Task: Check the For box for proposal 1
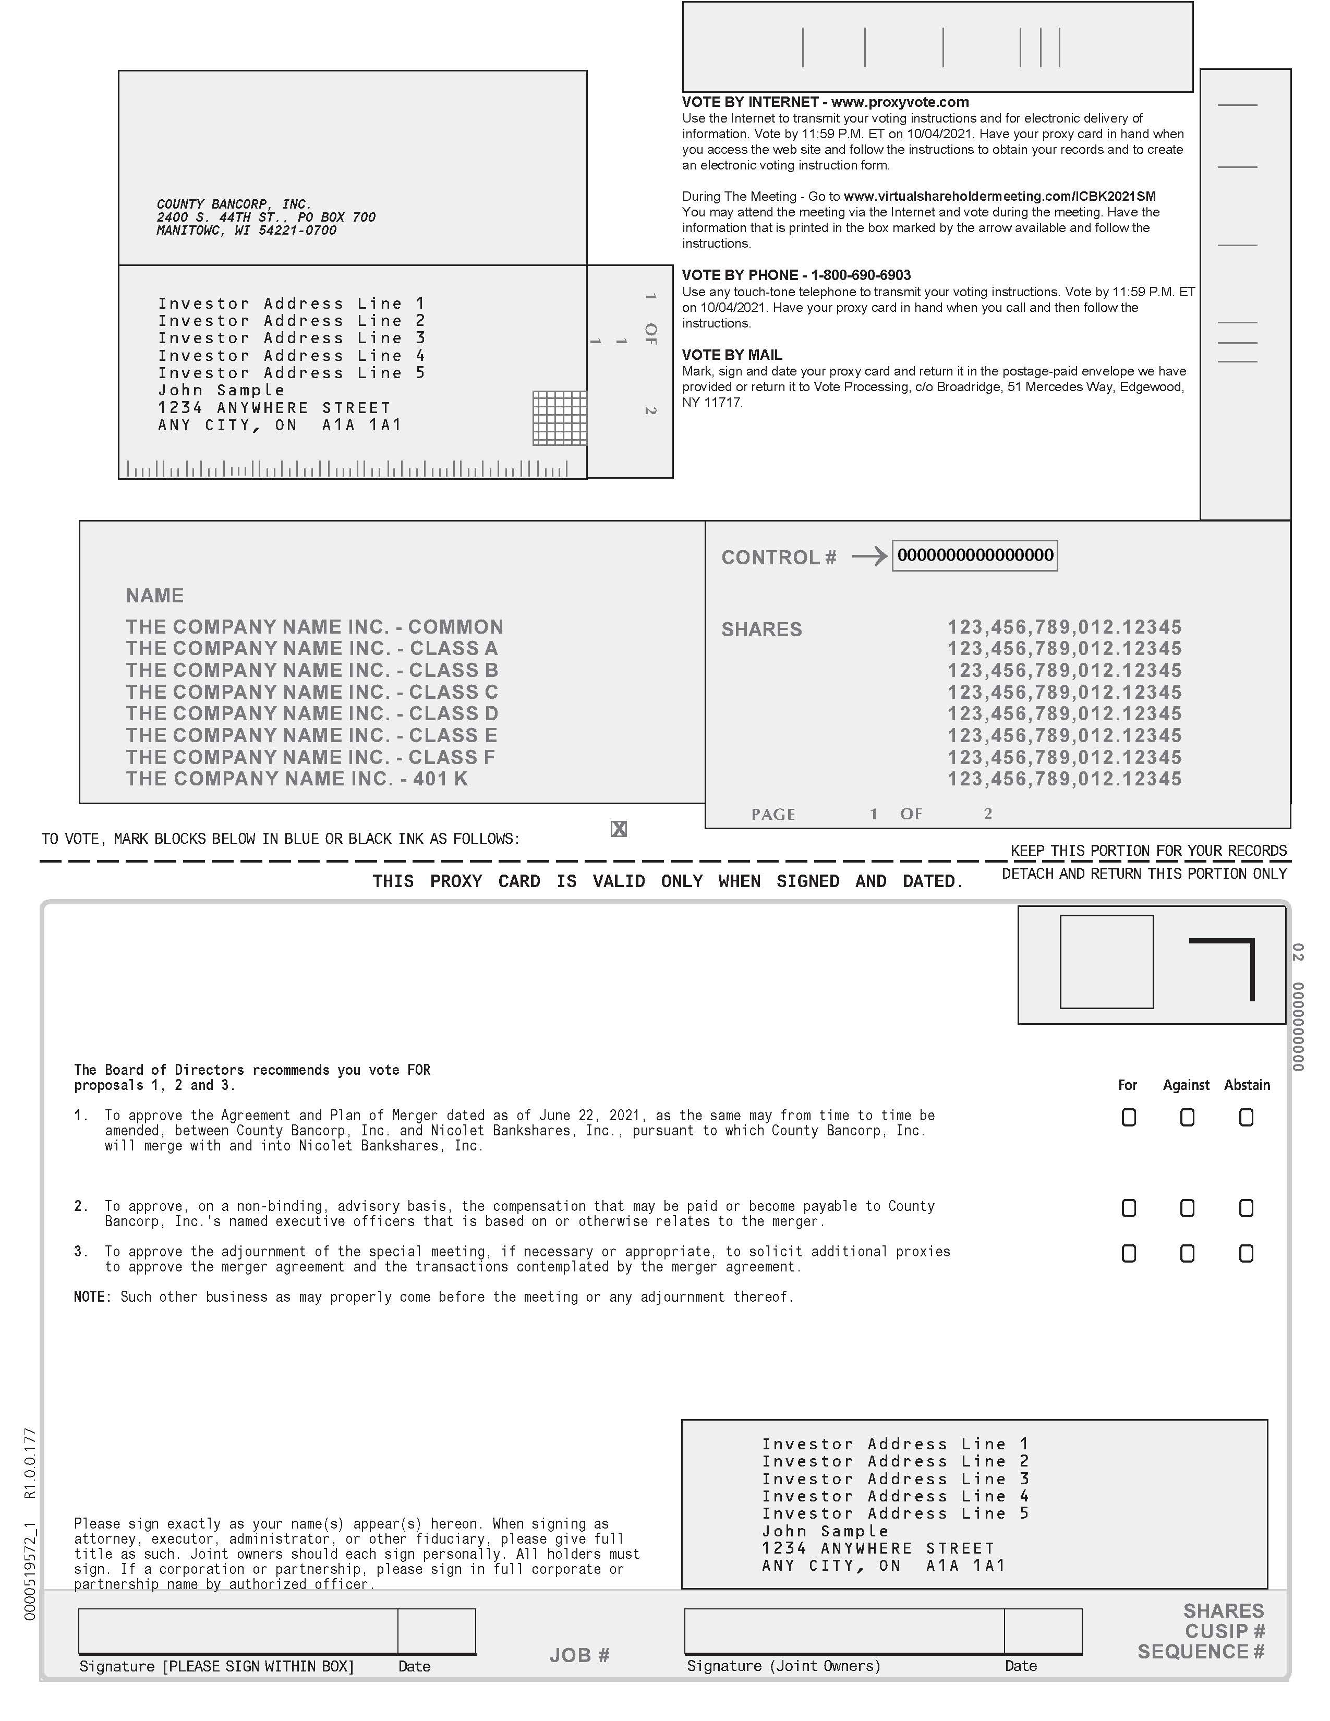click(x=1128, y=1118)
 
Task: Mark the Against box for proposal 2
click(x=1187, y=1208)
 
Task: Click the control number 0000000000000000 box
click(x=975, y=555)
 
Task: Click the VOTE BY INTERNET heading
click(x=825, y=102)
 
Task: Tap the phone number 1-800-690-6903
click(x=861, y=275)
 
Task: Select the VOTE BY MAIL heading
click(x=732, y=355)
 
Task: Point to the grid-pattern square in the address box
click(x=560, y=418)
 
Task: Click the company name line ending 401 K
click(x=297, y=779)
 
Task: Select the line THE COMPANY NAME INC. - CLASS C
click(x=312, y=693)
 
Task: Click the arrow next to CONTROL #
click(x=869, y=557)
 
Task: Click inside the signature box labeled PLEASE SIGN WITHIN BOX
click(x=238, y=1630)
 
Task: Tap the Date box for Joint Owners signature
click(x=1043, y=1630)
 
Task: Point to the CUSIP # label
click(x=1225, y=1631)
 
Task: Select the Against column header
click(x=1186, y=1085)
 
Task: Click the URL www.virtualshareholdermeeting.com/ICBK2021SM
click(x=1000, y=196)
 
